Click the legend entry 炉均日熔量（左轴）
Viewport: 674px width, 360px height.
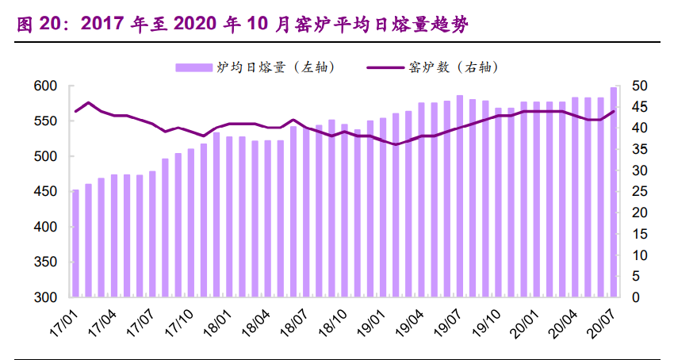coord(255,67)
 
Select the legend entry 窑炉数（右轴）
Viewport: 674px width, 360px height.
coord(432,67)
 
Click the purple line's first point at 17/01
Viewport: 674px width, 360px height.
coord(76,111)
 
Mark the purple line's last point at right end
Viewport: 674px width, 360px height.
coord(613,111)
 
